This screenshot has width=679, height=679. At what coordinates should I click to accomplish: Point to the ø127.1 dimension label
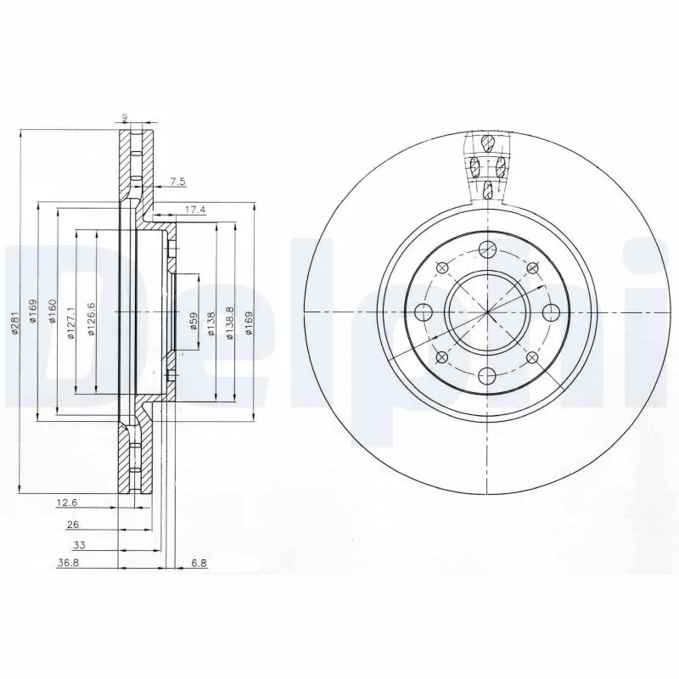70,323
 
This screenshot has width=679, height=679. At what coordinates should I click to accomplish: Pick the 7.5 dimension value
177,181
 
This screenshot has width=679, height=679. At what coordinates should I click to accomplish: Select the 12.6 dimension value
66,502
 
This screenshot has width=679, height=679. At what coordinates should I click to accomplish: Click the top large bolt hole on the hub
486,249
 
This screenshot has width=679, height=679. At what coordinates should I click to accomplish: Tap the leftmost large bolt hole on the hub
424,312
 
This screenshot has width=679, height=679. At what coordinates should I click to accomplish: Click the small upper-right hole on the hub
532,267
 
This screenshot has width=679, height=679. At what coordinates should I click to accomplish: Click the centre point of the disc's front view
486,312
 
